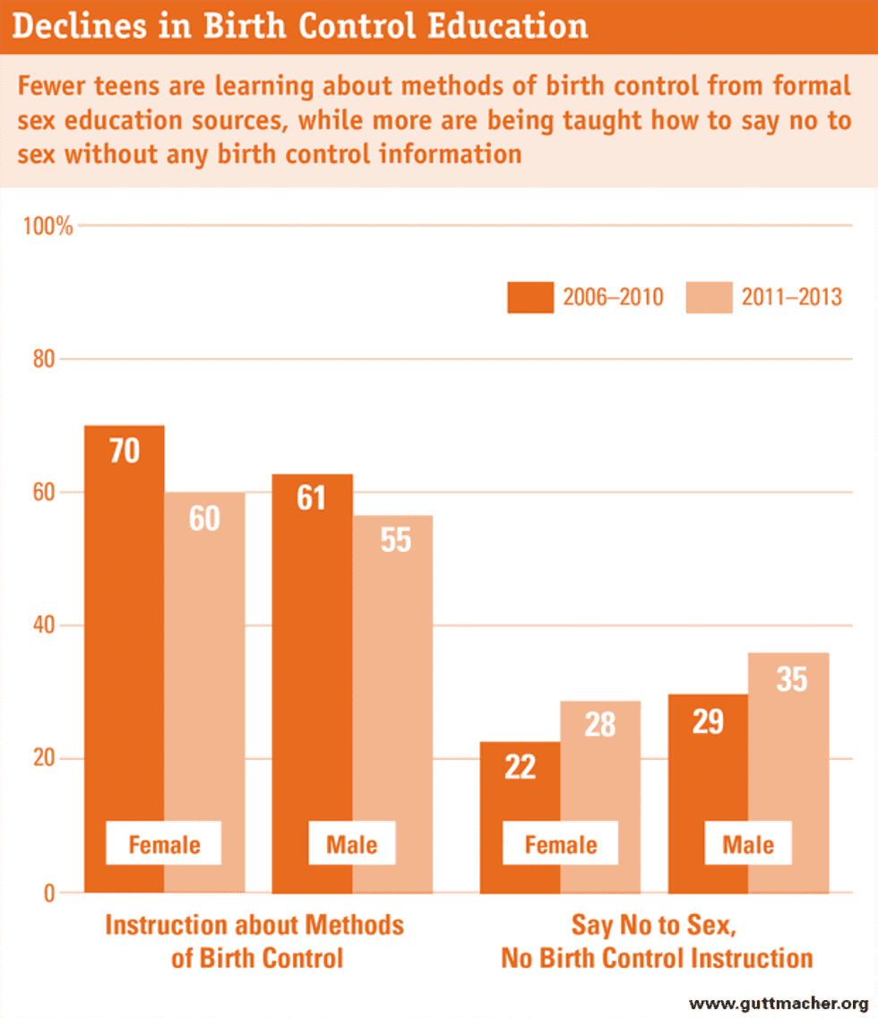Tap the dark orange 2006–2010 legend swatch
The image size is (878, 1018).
(x=530, y=298)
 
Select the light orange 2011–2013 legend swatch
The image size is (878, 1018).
(x=709, y=298)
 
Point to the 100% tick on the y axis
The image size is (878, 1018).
(x=47, y=226)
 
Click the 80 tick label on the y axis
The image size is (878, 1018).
(x=45, y=359)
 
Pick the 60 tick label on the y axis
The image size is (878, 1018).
(x=45, y=492)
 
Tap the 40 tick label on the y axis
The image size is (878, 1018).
(x=45, y=625)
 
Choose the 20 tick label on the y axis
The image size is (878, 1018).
(x=45, y=759)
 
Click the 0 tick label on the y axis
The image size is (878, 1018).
(x=50, y=893)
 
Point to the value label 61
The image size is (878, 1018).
(x=311, y=498)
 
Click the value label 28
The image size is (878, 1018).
(x=600, y=724)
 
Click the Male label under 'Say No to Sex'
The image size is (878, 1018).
(x=748, y=845)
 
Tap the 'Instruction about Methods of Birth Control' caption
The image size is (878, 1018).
(x=255, y=941)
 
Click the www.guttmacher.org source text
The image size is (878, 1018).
(x=779, y=1003)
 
